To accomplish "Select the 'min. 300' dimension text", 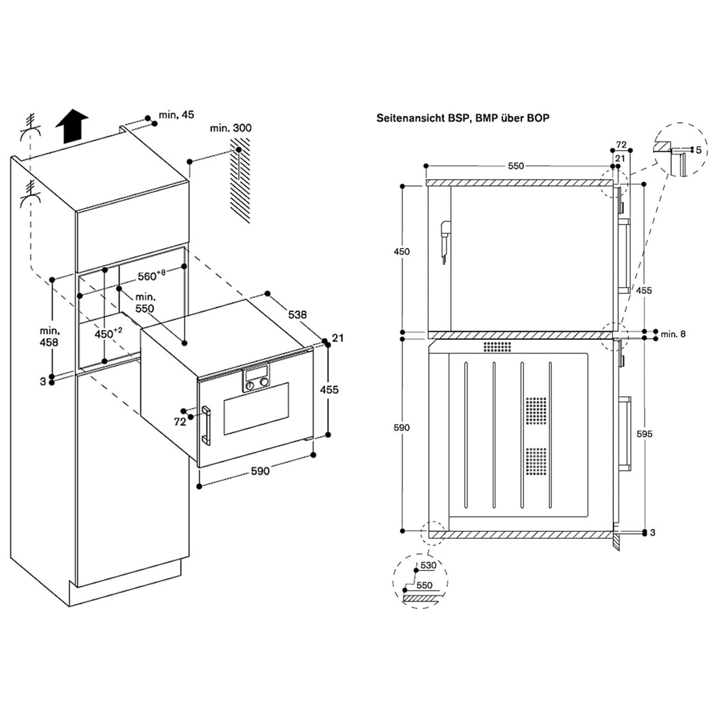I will (230, 129).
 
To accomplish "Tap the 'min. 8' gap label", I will (673, 334).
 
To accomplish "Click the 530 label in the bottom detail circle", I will (427, 565).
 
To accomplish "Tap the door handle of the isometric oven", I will (207, 425).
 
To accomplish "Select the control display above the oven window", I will (256, 374).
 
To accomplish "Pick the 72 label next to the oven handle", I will (180, 422).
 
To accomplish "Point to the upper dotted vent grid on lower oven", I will (498, 347).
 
